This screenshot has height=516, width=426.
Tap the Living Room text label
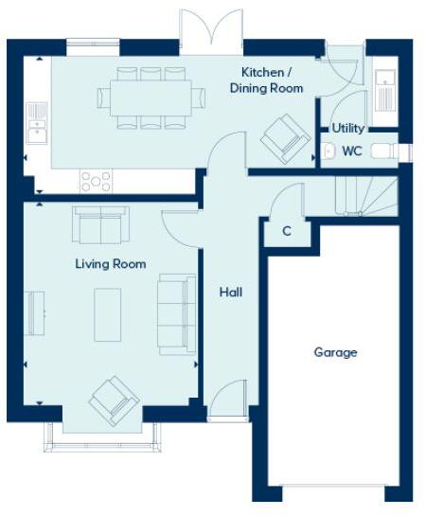point(111,264)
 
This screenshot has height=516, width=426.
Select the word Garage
point(335,352)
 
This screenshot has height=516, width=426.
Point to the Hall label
point(231,293)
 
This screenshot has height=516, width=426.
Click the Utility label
point(348,128)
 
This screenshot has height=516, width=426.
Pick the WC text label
point(352,151)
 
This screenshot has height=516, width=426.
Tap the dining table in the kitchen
point(151,97)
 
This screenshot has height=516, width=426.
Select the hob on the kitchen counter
point(96,180)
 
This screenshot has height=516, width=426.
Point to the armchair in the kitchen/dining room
point(287,136)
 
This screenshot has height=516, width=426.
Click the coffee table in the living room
point(108,314)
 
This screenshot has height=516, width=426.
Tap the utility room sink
point(386,93)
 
